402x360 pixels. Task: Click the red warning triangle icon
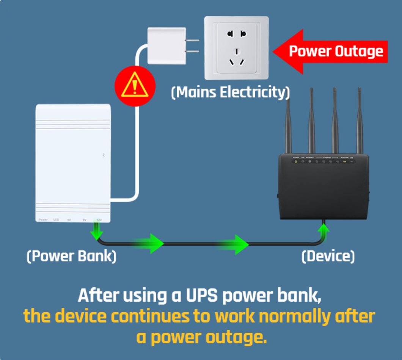pos(135,87)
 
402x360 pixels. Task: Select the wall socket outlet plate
pos(237,48)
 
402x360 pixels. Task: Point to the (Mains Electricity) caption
pos(230,92)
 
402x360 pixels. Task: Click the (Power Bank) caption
pos(71,256)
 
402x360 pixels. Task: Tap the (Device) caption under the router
pos(328,256)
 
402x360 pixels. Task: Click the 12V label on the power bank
pos(99,220)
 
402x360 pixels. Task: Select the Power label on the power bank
pos(43,220)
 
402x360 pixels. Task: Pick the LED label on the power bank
pos(56,220)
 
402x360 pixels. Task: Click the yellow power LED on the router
pos(296,162)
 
